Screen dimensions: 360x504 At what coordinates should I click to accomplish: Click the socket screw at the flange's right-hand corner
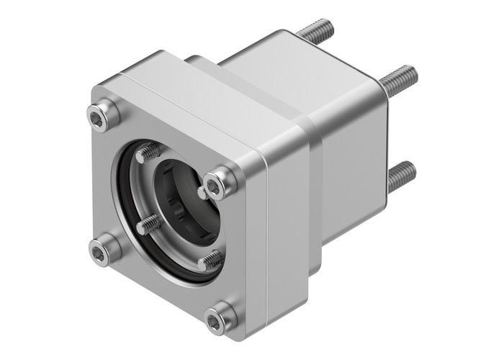(219, 184)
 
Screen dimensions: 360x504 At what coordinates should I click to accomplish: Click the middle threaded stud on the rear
(400, 78)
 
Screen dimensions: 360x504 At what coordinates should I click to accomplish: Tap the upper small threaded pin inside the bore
(150, 153)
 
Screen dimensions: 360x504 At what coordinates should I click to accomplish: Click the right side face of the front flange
(281, 238)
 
